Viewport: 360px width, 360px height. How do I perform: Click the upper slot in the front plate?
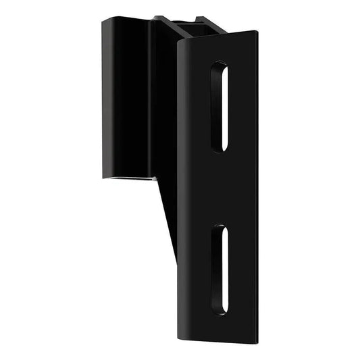[219, 105]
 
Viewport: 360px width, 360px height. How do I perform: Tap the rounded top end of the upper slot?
[220, 66]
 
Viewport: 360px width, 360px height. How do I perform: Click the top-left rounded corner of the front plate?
[180, 43]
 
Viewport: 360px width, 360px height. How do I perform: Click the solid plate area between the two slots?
[220, 188]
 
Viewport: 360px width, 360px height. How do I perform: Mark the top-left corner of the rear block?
[104, 21]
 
